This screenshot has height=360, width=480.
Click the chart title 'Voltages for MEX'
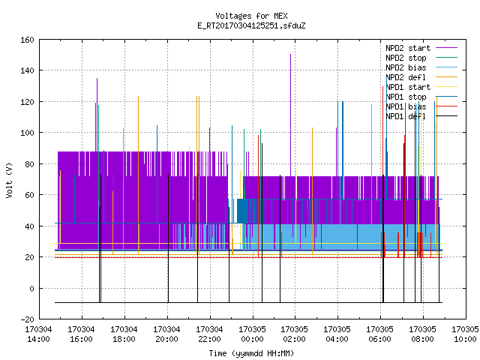click(x=251, y=16)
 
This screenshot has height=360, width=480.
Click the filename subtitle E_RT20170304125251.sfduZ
click(x=251, y=25)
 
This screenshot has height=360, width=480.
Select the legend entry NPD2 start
click(x=408, y=48)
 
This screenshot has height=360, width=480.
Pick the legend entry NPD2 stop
click(x=406, y=58)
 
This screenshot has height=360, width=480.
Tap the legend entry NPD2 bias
click(x=406, y=67)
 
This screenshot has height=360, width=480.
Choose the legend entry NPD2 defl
click(x=406, y=77)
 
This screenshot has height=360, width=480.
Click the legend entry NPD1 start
click(x=408, y=87)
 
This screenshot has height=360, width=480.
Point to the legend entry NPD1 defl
click(x=406, y=116)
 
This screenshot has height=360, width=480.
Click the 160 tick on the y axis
click(x=27, y=40)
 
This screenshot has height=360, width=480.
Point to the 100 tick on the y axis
click(x=27, y=133)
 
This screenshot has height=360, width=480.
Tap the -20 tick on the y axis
click(x=27, y=319)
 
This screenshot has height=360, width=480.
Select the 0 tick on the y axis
click(x=31, y=288)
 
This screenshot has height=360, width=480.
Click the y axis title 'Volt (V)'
click(x=9, y=180)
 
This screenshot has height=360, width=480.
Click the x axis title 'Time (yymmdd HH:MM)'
click(x=251, y=353)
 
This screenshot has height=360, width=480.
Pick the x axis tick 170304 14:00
click(x=38, y=334)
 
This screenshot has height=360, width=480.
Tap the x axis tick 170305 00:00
click(x=252, y=334)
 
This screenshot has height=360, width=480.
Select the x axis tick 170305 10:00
click(x=465, y=334)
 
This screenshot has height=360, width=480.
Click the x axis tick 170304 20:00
click(x=166, y=334)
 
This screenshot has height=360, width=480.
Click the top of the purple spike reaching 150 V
click(x=290, y=55)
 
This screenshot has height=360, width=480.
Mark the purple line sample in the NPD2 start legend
click(x=447, y=48)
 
